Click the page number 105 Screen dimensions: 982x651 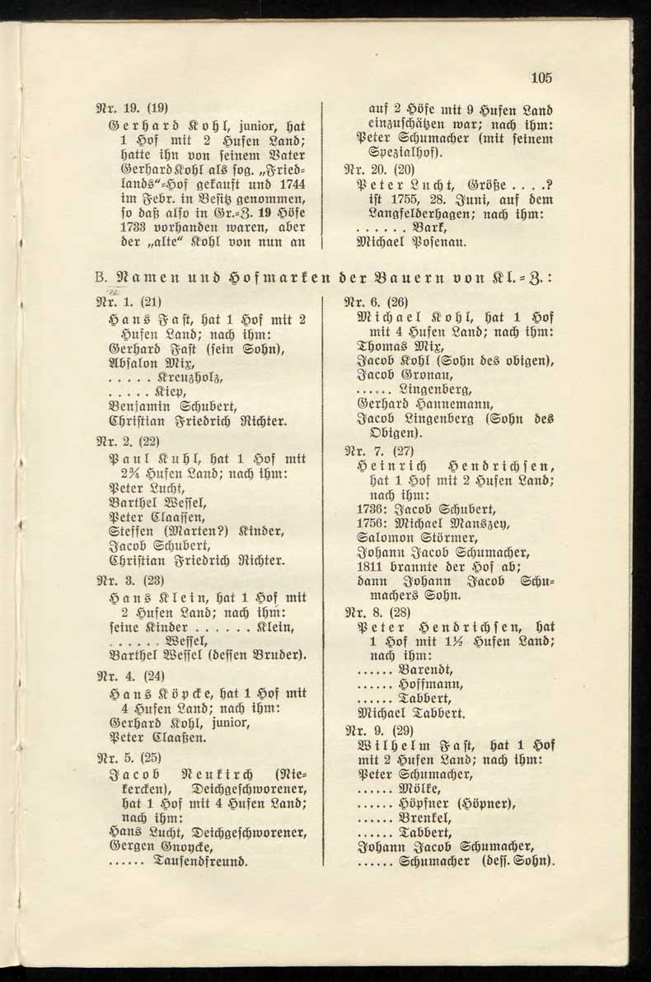[x=541, y=79]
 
